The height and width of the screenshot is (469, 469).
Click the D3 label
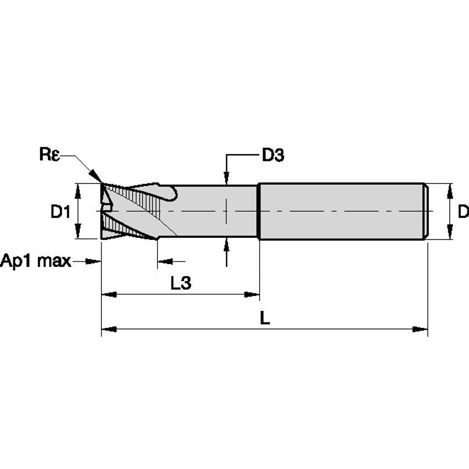(x=272, y=155)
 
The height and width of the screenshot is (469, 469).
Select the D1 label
(x=60, y=211)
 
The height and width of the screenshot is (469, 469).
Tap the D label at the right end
(x=463, y=211)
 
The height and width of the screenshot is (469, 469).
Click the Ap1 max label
(x=36, y=261)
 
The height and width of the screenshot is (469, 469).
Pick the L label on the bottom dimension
(x=265, y=318)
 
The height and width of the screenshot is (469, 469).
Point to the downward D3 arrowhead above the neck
(x=226, y=177)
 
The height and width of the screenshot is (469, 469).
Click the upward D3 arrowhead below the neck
(x=226, y=245)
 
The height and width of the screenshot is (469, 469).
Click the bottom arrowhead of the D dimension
(x=450, y=232)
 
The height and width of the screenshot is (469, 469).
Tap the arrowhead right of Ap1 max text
(x=94, y=261)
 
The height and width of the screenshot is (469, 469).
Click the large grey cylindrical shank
(x=340, y=211)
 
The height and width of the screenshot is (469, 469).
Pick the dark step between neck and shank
(x=259, y=211)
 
